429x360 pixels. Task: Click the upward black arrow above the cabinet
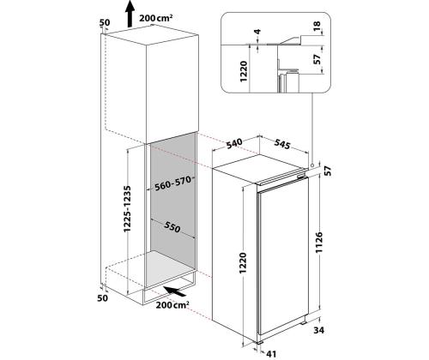click(130, 13)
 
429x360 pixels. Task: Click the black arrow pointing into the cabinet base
click(175, 291)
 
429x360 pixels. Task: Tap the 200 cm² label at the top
click(156, 18)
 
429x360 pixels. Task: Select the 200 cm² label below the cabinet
click(172, 304)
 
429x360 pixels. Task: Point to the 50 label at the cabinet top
click(105, 22)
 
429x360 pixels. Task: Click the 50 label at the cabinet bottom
click(103, 298)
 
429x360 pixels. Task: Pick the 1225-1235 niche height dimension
click(127, 209)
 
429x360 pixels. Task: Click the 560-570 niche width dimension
click(172, 183)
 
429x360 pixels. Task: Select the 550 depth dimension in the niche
click(172, 226)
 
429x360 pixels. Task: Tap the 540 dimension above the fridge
click(234, 143)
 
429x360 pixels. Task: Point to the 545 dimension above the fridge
click(282, 144)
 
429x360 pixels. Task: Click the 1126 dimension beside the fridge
click(318, 243)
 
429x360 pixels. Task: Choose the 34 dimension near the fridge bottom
click(318, 330)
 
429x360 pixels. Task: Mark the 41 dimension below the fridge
click(271, 354)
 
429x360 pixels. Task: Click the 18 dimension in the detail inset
click(317, 26)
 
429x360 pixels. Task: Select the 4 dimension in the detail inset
click(257, 32)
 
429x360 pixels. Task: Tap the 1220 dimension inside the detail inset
click(244, 71)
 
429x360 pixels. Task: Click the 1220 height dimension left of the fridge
click(243, 262)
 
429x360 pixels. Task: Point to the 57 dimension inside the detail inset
click(317, 59)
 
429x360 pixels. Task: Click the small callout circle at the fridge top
click(312, 165)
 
